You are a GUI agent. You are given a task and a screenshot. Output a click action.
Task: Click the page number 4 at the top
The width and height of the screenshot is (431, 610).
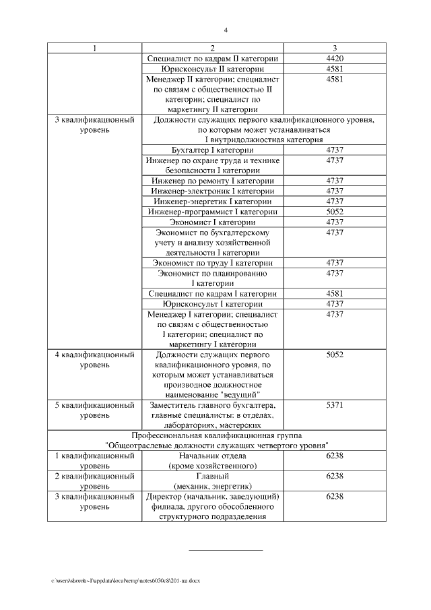point(226,30)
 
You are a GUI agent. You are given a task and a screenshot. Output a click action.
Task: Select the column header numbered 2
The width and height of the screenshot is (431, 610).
point(213,49)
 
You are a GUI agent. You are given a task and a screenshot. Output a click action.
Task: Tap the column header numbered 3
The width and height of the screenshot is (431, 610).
point(335,49)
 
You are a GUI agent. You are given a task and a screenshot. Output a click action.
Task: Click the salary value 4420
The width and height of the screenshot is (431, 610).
point(335,59)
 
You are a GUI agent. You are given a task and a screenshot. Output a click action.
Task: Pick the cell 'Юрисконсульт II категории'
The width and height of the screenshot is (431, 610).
point(213,69)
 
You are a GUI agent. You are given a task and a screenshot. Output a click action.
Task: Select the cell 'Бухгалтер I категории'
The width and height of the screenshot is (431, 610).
point(213,150)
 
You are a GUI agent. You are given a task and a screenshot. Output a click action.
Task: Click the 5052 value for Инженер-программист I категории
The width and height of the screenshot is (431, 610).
point(335,212)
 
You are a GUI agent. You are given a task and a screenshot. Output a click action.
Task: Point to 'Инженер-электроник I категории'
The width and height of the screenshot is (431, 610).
point(213,191)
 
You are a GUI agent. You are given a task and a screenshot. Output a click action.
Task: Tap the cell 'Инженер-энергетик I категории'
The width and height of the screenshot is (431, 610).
point(213,202)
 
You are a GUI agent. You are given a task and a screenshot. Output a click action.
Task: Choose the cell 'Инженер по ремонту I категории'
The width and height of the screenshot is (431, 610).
point(213,181)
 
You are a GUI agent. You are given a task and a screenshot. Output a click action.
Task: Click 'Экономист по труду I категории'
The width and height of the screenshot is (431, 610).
point(213,262)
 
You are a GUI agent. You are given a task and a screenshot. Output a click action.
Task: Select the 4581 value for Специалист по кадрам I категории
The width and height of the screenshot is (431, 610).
point(335,293)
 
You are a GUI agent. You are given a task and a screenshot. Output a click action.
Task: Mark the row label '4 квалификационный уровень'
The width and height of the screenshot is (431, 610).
point(94,359)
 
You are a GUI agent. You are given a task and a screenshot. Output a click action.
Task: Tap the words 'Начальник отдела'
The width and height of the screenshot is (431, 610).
point(213,456)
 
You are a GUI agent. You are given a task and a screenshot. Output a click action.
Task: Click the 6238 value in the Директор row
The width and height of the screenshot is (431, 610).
point(335,496)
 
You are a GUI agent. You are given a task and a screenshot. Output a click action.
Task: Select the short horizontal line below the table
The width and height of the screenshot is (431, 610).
point(226,551)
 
